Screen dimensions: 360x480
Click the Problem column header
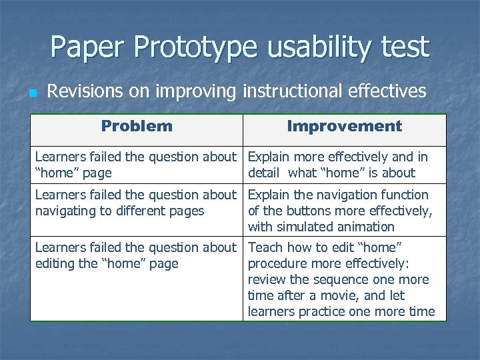(137, 126)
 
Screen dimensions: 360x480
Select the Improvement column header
(344, 126)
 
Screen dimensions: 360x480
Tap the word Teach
(265, 247)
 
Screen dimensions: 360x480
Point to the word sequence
(339, 279)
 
